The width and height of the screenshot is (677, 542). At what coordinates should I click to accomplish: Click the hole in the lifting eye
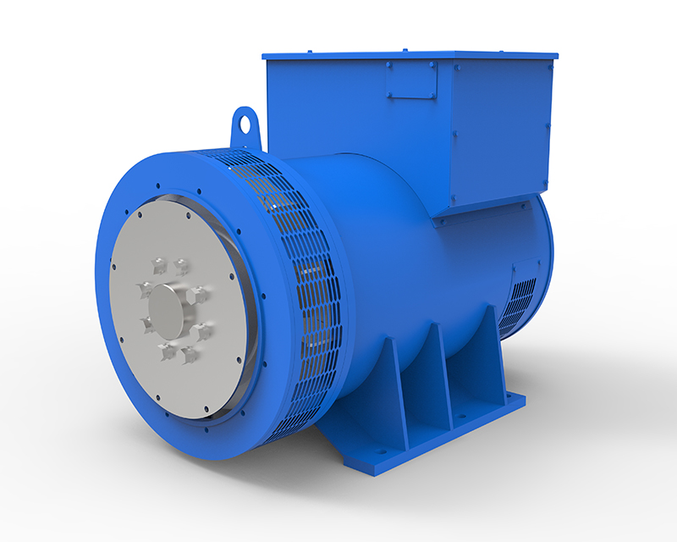pos(245,124)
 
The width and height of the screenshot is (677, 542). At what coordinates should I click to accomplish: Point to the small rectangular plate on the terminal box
pos(412,80)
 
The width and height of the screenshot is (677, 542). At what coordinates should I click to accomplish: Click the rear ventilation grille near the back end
pos(518,305)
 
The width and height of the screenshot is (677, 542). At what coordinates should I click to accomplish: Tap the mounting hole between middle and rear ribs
pos(464,416)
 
